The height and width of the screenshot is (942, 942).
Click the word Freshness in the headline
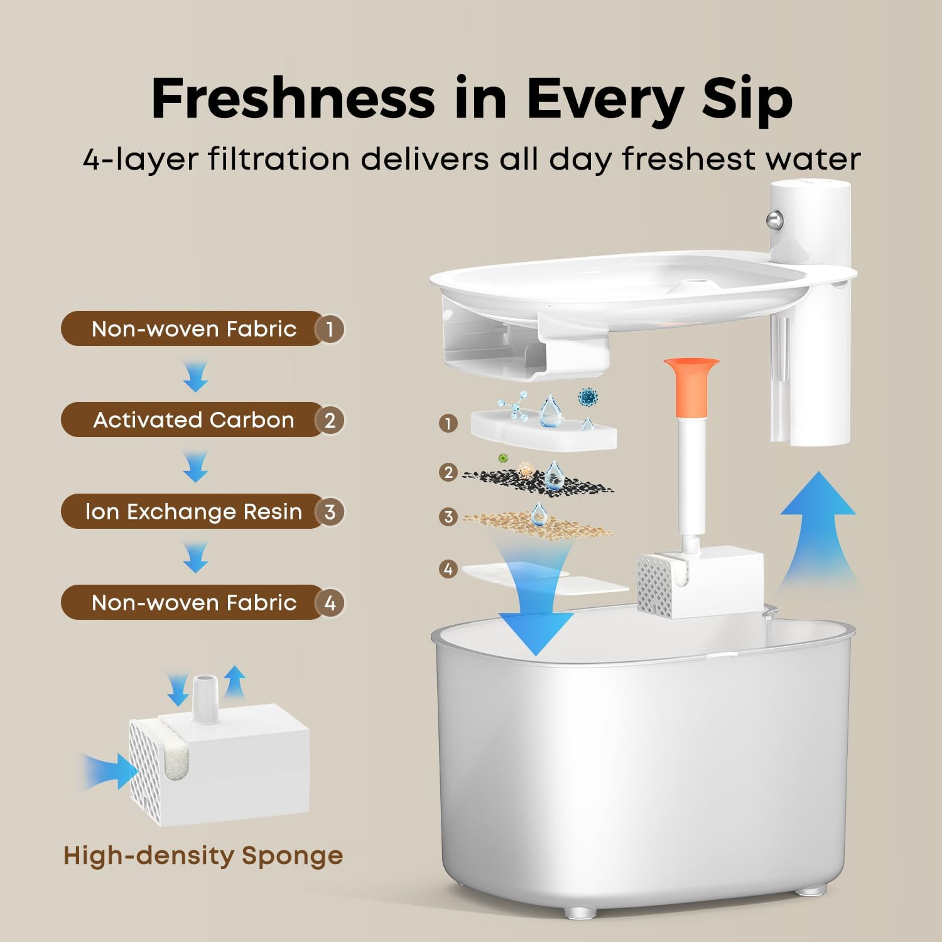coord(293,98)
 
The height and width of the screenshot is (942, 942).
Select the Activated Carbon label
coord(193,420)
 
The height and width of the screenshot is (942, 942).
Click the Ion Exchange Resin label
coord(193,512)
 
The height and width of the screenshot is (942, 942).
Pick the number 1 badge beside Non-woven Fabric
coord(330,328)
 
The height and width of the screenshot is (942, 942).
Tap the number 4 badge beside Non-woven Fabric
coord(330,603)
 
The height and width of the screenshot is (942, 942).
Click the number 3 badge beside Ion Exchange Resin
coord(330,512)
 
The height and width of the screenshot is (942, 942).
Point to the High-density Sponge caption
coord(203,856)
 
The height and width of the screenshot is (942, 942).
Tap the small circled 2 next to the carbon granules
coord(448,472)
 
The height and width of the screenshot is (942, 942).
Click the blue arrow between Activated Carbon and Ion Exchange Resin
coord(195,467)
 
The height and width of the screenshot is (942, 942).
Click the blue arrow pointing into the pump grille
coord(110,771)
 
